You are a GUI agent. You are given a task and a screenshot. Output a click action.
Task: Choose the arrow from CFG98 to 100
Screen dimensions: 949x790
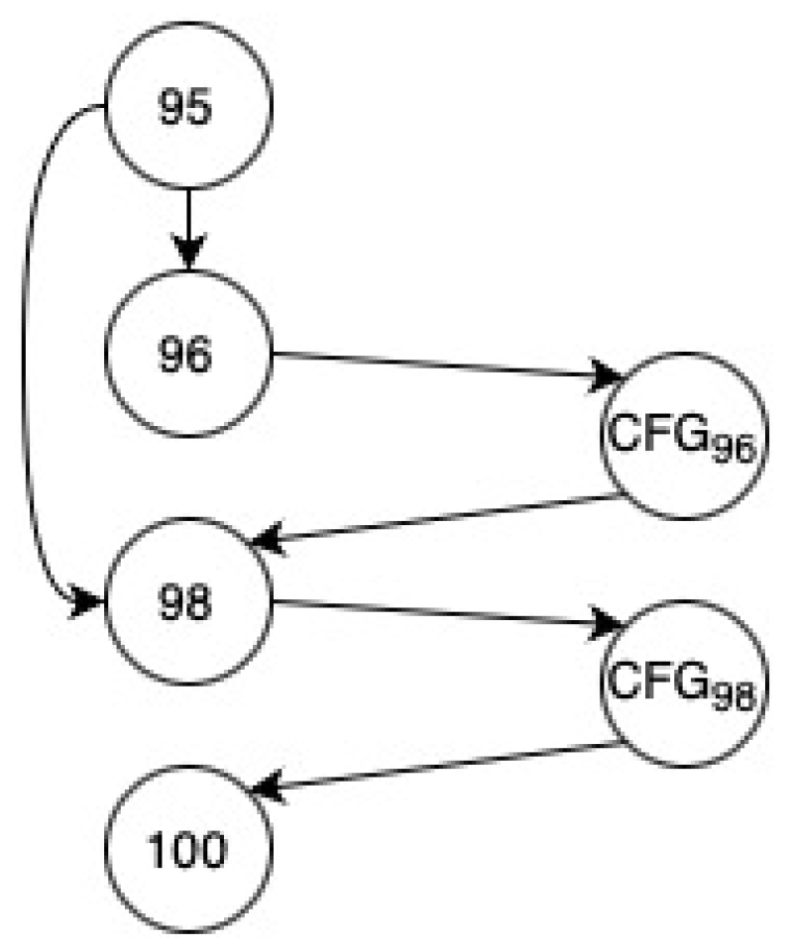coord(436,766)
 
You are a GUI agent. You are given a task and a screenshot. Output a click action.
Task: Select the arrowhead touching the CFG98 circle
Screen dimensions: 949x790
coord(609,624)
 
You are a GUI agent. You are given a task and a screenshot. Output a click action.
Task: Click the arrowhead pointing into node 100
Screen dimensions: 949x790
coord(265,790)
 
